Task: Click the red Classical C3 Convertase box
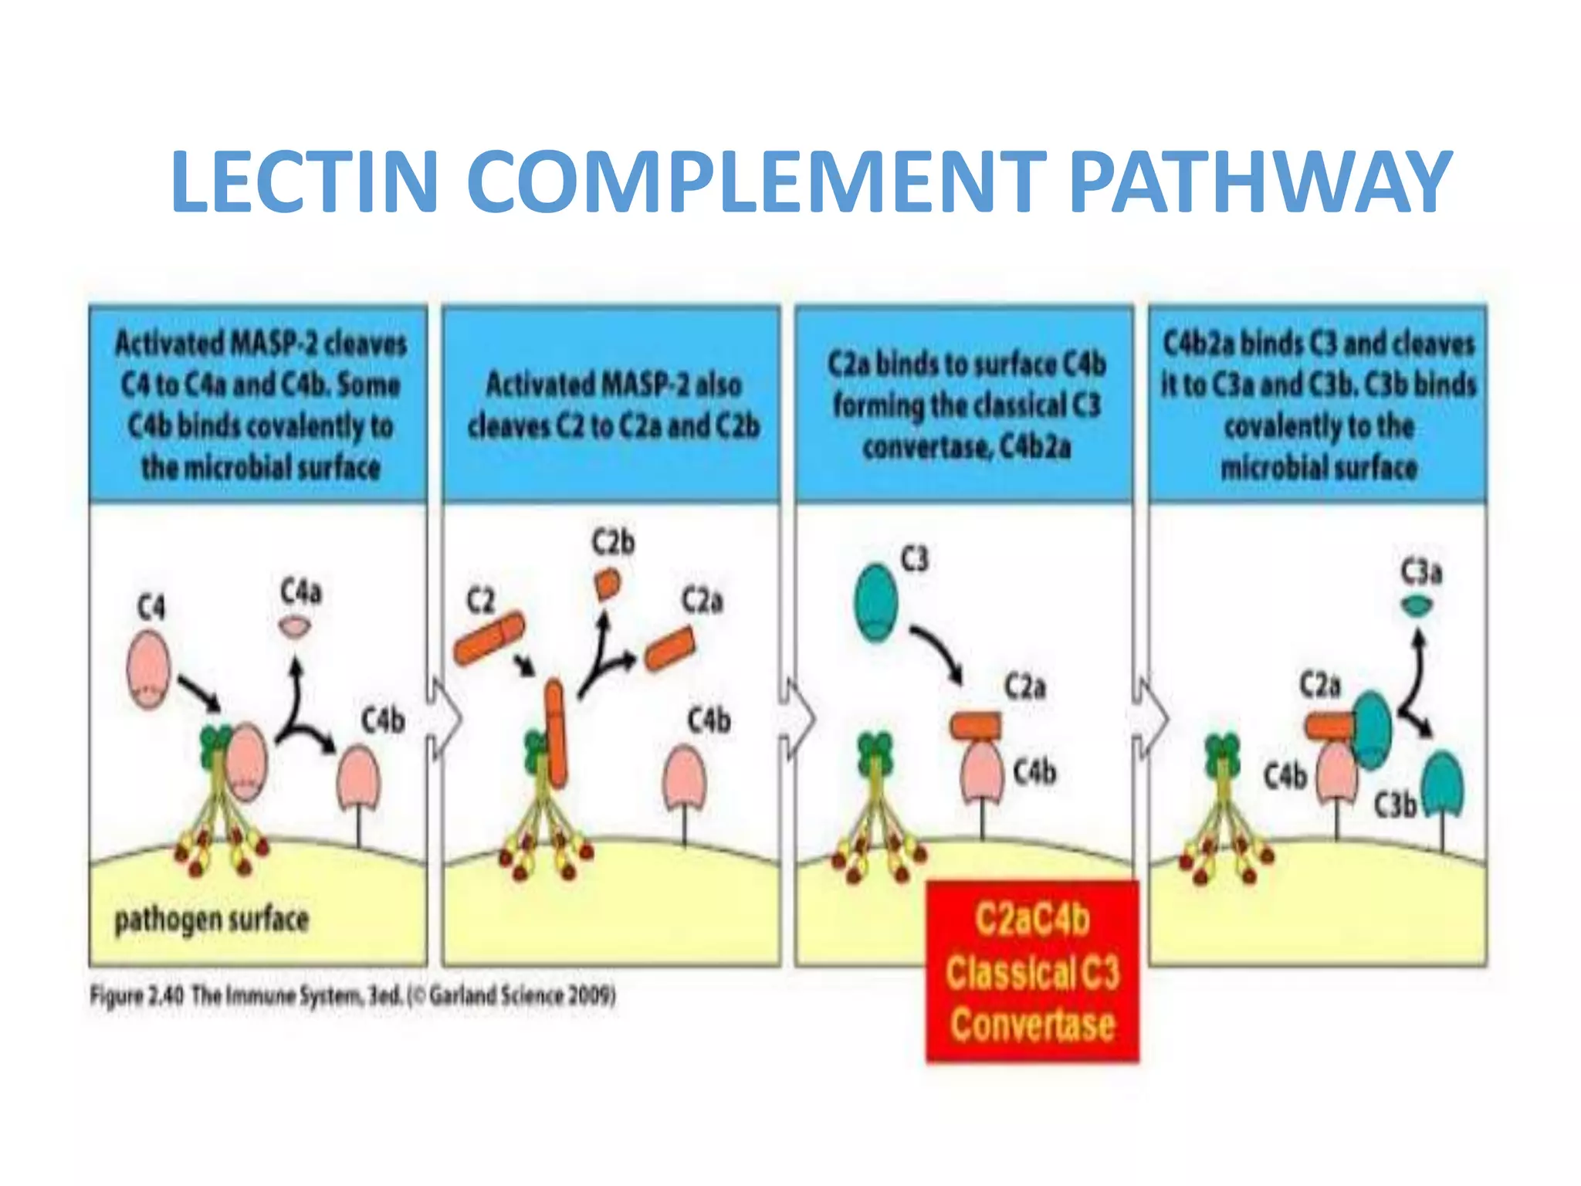coord(1032,972)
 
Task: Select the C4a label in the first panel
coord(301,592)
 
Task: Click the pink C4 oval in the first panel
coord(148,668)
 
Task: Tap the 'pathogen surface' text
coord(212,920)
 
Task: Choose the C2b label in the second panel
coord(614,542)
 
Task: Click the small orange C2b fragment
coord(608,584)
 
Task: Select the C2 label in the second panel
coord(480,600)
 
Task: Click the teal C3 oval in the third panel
coord(876,602)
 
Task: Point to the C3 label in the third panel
coord(915,559)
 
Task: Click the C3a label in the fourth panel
coord(1421,572)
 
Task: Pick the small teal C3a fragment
coord(1417,607)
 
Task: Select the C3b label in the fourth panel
coord(1394,805)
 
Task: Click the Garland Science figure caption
coord(353,995)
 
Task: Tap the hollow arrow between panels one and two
coord(445,719)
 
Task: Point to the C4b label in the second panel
coord(709,720)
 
